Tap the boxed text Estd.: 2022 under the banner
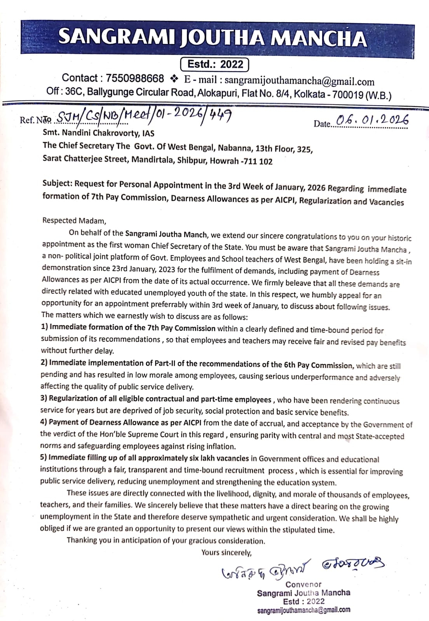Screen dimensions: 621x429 (215, 64)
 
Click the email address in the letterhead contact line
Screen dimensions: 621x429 (299, 82)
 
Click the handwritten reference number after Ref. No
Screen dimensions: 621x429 (145, 115)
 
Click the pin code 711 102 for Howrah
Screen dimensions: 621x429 (257, 162)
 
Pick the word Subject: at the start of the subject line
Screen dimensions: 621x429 (58, 183)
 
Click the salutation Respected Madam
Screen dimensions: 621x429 (74, 221)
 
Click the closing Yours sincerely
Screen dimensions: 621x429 (226, 552)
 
